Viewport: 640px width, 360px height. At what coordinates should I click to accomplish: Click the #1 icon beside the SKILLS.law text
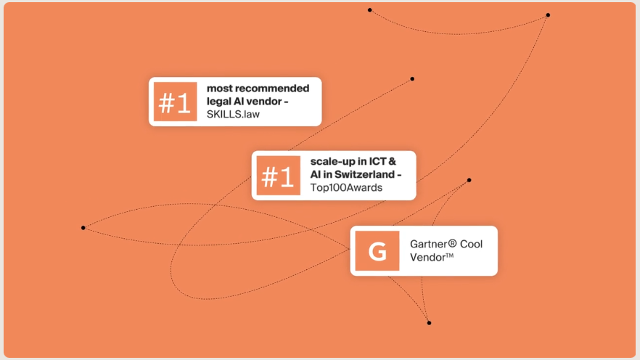pos(175,102)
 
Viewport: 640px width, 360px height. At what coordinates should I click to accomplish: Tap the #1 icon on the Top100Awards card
pos(277,176)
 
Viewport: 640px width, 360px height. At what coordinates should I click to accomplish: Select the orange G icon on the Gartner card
pos(377,251)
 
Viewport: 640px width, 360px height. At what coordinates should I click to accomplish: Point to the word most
pos(218,89)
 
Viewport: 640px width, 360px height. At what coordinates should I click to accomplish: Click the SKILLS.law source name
pos(233,115)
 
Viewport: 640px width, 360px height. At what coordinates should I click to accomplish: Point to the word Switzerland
pos(361,175)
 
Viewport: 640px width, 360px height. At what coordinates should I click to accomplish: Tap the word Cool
pos(471,244)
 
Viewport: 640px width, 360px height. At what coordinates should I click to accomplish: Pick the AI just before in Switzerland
pos(316,175)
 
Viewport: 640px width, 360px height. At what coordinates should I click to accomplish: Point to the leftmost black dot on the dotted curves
pos(83,228)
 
